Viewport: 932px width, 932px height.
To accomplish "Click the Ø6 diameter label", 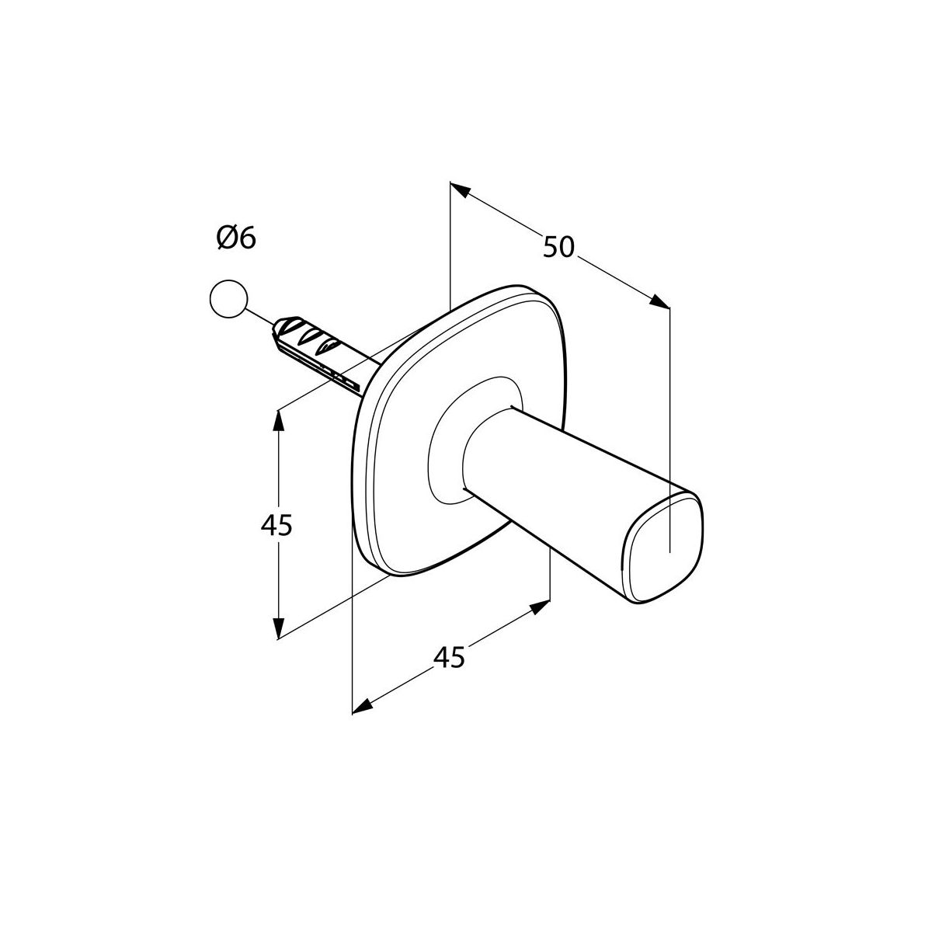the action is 236,238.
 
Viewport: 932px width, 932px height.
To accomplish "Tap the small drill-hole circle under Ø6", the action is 228,299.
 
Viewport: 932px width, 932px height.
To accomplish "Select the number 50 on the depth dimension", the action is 558,246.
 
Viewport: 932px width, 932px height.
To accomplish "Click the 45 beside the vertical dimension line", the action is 276,525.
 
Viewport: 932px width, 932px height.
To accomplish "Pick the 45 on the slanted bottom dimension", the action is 449,657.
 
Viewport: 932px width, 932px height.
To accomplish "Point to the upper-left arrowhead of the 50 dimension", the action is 461,190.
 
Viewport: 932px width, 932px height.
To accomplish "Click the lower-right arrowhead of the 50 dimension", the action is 659,301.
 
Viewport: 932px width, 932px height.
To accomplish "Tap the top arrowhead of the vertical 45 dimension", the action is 277,421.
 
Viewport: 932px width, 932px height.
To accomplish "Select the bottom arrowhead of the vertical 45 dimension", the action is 277,628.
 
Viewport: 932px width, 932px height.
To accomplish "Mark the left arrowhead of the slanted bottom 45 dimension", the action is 363,706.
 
